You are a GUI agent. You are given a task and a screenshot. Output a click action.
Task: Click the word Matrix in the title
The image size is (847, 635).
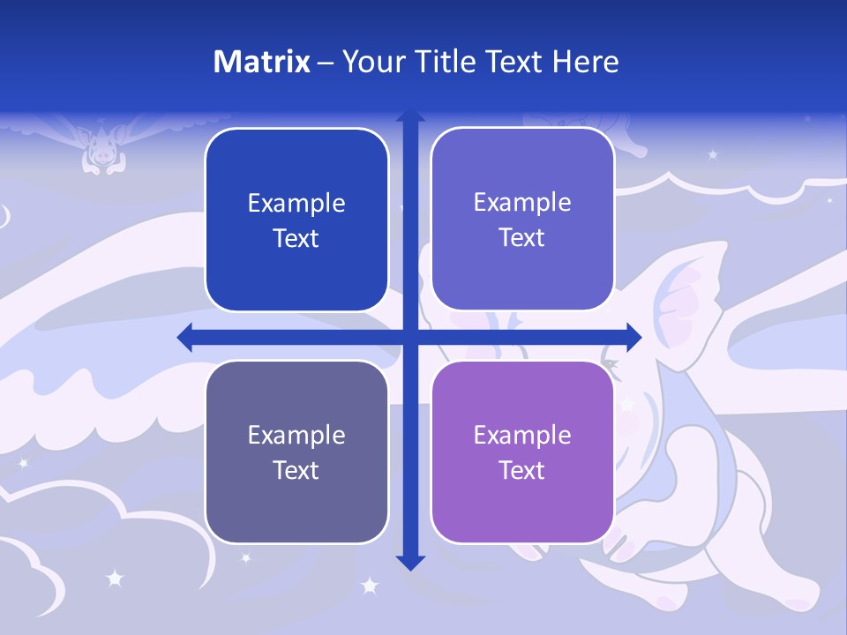[x=261, y=62]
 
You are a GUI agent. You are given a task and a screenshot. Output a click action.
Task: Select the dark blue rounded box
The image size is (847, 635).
[x=296, y=220]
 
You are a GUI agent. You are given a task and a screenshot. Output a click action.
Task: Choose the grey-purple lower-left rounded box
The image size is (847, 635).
[x=296, y=452]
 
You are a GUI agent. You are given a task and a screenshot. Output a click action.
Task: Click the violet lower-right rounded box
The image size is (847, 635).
[x=522, y=452]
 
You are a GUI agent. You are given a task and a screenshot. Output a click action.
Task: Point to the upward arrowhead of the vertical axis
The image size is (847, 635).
[x=410, y=116]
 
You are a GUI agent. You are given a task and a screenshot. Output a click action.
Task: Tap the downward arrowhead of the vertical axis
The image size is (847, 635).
[x=410, y=562]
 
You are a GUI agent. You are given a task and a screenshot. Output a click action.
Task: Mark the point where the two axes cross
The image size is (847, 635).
[x=410, y=337]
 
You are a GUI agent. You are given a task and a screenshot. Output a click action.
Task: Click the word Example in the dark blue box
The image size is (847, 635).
[x=296, y=204]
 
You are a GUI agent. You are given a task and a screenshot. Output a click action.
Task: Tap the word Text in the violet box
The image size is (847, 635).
[x=522, y=470]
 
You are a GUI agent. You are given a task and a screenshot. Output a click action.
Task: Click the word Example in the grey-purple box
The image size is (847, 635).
[x=296, y=435]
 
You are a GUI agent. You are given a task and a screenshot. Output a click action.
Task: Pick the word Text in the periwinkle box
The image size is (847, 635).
[x=522, y=238]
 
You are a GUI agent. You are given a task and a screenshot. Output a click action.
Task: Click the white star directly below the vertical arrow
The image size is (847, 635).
[x=370, y=586]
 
